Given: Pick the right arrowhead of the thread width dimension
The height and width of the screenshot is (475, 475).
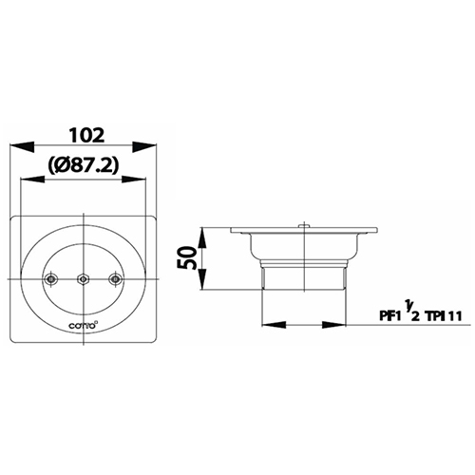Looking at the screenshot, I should coord(337,324).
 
